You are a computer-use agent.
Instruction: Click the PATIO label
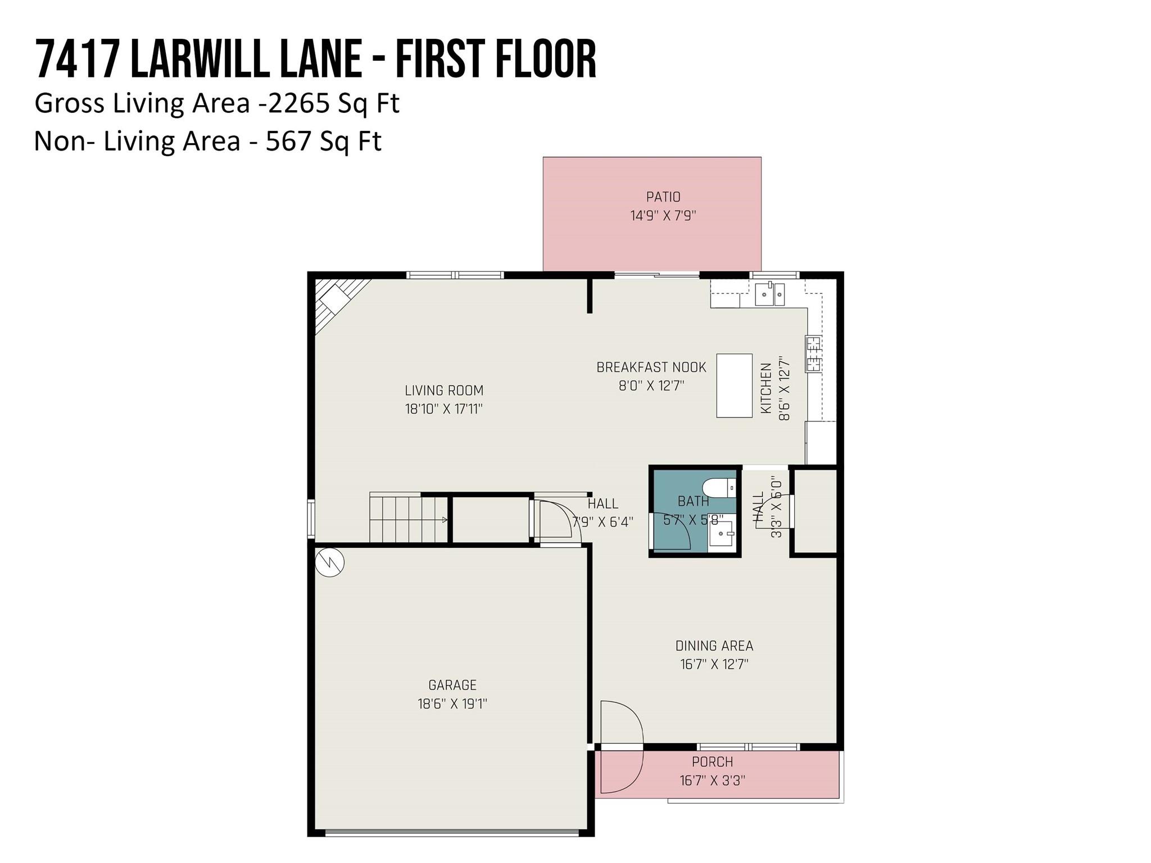[663, 197]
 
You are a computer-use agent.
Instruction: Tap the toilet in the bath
[719, 488]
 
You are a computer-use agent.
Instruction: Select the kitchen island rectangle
[734, 385]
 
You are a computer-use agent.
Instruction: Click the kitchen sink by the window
[769, 294]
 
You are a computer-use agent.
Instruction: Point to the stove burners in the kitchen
[813, 353]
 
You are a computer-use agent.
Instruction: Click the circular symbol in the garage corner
[329, 562]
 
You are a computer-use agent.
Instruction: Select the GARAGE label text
[452, 685]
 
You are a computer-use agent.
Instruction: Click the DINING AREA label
[714, 646]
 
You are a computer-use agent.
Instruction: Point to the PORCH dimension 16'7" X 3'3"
[713, 780]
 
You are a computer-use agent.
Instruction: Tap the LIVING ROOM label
[444, 390]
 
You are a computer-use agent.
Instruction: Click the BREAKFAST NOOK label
[651, 367]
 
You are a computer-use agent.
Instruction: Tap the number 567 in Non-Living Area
[288, 140]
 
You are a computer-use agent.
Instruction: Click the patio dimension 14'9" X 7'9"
[663, 216]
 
